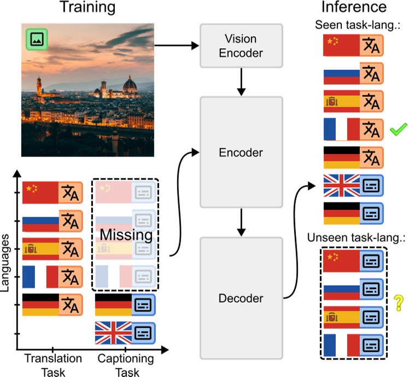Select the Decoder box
point(241,298)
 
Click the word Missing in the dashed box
point(125,235)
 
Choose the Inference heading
point(353,8)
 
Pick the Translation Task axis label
point(53,364)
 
